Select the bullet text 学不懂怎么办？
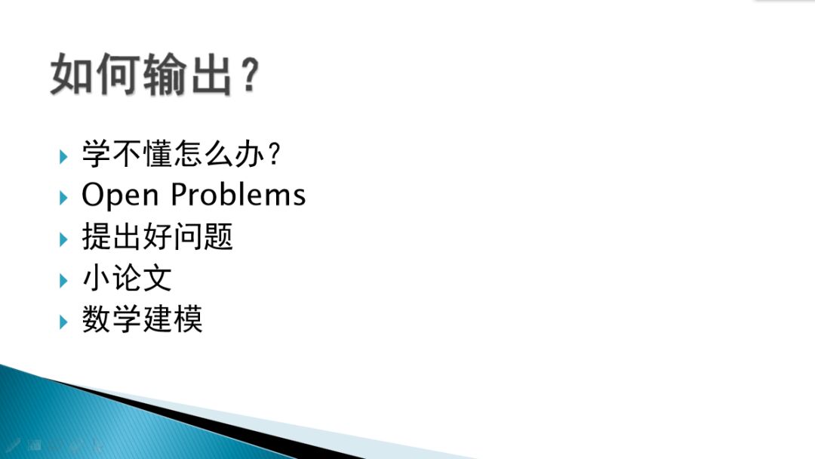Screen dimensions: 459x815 182,156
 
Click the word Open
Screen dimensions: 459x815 121,196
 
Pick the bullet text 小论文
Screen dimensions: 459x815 127,279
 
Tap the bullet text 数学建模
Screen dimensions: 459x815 142,320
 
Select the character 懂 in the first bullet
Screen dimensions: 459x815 157,156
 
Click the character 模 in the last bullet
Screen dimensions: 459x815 188,320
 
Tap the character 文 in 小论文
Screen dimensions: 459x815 157,279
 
